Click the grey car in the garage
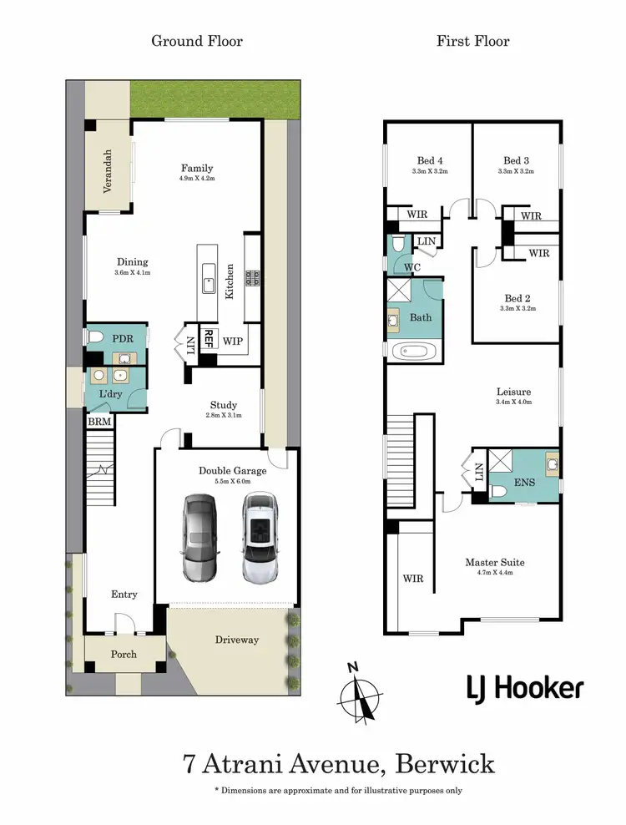(x=199, y=538)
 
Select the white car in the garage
(x=260, y=538)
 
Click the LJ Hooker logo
(x=524, y=687)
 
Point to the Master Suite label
(x=494, y=562)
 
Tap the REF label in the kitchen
(x=209, y=338)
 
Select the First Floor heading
(x=472, y=41)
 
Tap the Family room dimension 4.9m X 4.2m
(x=197, y=179)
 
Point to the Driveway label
(x=237, y=640)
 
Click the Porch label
(x=124, y=654)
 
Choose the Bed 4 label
(x=430, y=161)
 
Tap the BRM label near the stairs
(x=99, y=423)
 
